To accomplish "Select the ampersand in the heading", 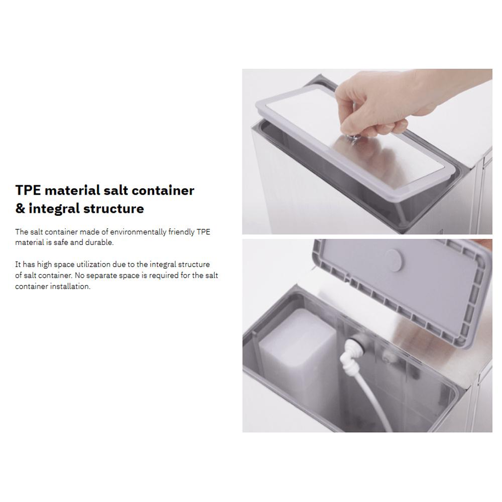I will click(x=20, y=208).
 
